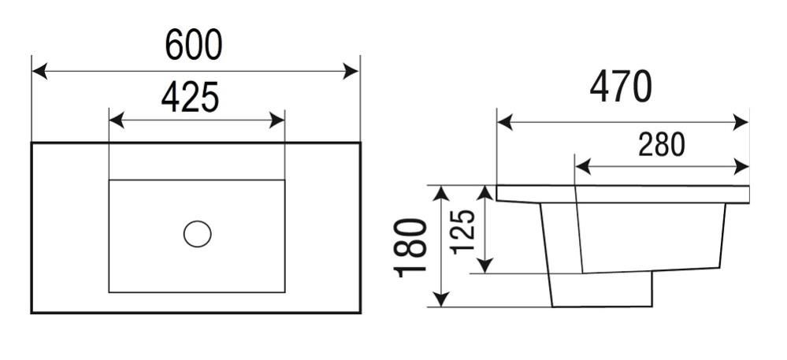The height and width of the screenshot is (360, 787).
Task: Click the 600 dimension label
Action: click(194, 45)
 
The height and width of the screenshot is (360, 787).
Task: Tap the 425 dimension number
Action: click(190, 97)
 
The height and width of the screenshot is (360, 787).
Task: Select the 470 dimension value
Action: click(621, 87)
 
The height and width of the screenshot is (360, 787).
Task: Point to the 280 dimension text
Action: click(662, 145)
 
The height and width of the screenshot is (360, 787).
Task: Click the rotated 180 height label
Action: click(410, 247)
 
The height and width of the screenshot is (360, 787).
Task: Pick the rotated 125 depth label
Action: click(462, 232)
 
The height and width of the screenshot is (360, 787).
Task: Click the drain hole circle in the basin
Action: click(197, 234)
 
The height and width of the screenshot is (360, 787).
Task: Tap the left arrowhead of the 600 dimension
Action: click(39, 72)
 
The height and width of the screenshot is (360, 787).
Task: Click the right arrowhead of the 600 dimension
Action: click(351, 72)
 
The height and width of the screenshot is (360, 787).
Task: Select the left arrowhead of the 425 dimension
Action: click(117, 121)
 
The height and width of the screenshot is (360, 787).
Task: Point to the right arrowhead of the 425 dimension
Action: click(277, 121)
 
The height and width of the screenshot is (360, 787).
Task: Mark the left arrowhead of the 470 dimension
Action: click(504, 122)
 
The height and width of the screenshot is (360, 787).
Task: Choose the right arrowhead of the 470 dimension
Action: click(741, 122)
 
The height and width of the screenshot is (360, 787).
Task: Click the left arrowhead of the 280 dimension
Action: click(582, 167)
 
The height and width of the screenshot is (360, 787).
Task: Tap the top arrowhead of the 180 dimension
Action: click(440, 194)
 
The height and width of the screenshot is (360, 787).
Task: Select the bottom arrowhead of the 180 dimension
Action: click(440, 299)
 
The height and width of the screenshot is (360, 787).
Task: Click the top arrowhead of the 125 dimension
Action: click(484, 194)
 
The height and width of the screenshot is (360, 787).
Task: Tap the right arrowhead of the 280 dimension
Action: click(741, 167)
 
